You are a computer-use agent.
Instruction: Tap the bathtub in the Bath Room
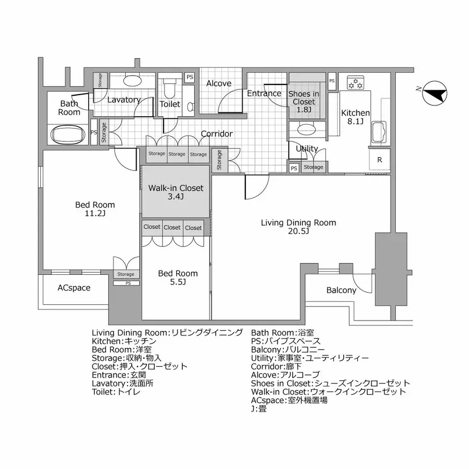point(67,134)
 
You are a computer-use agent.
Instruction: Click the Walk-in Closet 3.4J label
point(175,192)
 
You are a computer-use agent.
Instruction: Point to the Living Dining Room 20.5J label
point(298,226)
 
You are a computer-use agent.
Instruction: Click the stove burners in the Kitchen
point(356,83)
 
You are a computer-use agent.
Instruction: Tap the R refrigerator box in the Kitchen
point(380,160)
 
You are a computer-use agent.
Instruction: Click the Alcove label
point(219,83)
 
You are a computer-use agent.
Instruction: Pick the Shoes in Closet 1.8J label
point(304,101)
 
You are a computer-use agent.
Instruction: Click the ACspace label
point(74,288)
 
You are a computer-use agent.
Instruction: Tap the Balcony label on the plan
point(341,290)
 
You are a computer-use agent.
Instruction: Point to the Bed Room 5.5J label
point(177,278)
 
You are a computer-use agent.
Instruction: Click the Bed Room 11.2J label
point(95,209)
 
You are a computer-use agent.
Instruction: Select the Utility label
point(307,148)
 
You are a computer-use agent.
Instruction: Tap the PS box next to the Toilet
point(189,77)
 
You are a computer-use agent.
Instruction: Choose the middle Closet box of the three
point(172,228)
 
